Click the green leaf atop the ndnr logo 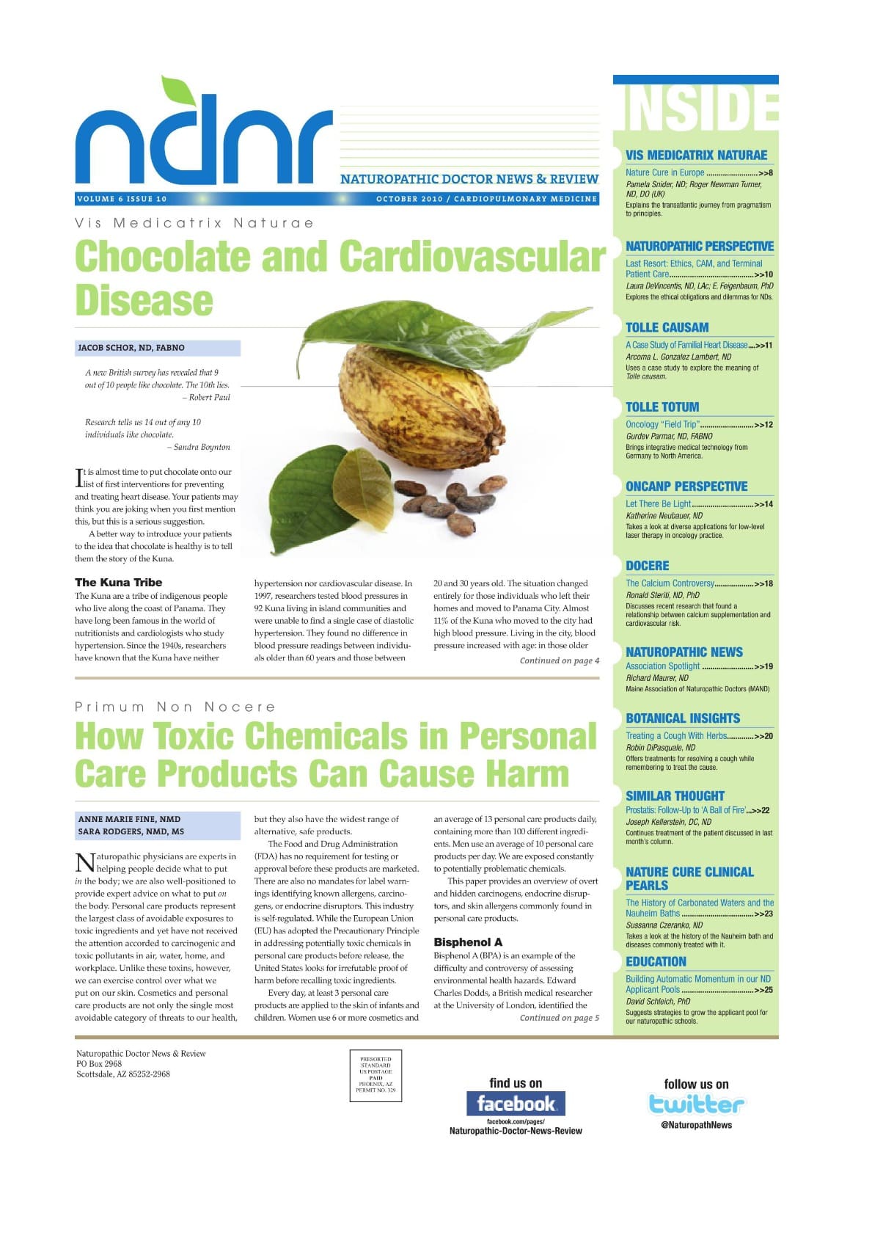[x=177, y=91]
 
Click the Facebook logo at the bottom [x=516, y=1103]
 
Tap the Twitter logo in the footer [x=696, y=1104]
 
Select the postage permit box [x=375, y=1075]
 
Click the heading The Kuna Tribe [x=119, y=583]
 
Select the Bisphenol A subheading [x=468, y=941]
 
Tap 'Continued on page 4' [x=559, y=660]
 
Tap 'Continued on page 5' [x=559, y=1018]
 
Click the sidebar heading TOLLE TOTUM [x=662, y=407]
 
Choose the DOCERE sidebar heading [x=648, y=566]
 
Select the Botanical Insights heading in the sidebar [x=683, y=718]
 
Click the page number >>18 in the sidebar [x=763, y=584]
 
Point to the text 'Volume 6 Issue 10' [x=122, y=199]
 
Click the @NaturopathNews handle [x=696, y=1125]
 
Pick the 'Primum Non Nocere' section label [x=175, y=707]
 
